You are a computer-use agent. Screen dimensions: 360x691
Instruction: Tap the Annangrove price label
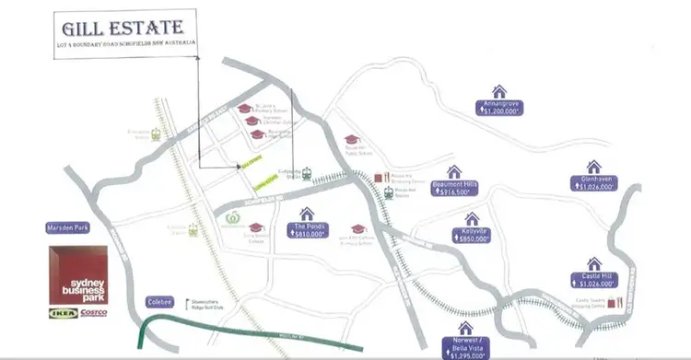coord(499,107)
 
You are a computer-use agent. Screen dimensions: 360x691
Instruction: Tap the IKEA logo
coord(62,313)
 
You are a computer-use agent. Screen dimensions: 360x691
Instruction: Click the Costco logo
coord(93,313)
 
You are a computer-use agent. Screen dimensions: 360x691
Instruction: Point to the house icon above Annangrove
coord(499,90)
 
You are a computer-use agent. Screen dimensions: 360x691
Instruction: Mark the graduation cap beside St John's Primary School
coord(245,109)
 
